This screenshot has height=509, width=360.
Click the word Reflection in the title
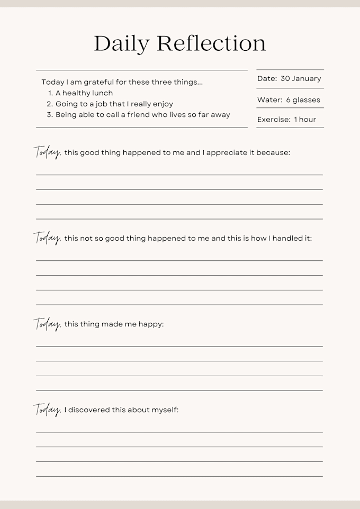click(x=211, y=43)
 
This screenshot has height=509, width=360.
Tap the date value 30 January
click(x=301, y=78)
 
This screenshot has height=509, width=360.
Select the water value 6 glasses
click(x=303, y=100)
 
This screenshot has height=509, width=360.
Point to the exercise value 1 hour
click(x=305, y=120)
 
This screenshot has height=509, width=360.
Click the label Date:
click(x=267, y=78)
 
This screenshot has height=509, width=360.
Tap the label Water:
click(x=269, y=100)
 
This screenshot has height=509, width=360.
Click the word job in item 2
click(x=101, y=104)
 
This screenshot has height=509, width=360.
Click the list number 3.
click(x=49, y=115)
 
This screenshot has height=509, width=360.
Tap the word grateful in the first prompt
click(x=97, y=83)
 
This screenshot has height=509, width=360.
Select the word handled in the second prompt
click(x=286, y=239)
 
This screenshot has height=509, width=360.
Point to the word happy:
click(x=151, y=324)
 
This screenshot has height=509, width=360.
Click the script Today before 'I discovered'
click(x=48, y=410)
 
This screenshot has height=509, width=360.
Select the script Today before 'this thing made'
click(x=48, y=324)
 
